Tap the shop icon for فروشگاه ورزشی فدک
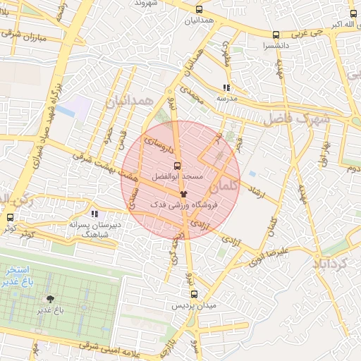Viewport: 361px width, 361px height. point(183,192)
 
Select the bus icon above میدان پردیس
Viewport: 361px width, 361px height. point(194,295)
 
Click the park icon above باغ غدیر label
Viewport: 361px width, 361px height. point(50,299)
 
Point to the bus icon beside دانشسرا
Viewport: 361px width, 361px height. point(276,35)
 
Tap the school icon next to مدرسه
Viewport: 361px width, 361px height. point(226,88)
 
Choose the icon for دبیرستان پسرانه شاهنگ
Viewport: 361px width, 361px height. point(94,214)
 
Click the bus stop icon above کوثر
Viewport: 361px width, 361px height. point(10,219)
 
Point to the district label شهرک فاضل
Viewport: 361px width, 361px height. point(297,119)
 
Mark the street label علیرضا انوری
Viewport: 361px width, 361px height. point(282,250)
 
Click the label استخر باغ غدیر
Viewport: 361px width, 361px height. point(21,276)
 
